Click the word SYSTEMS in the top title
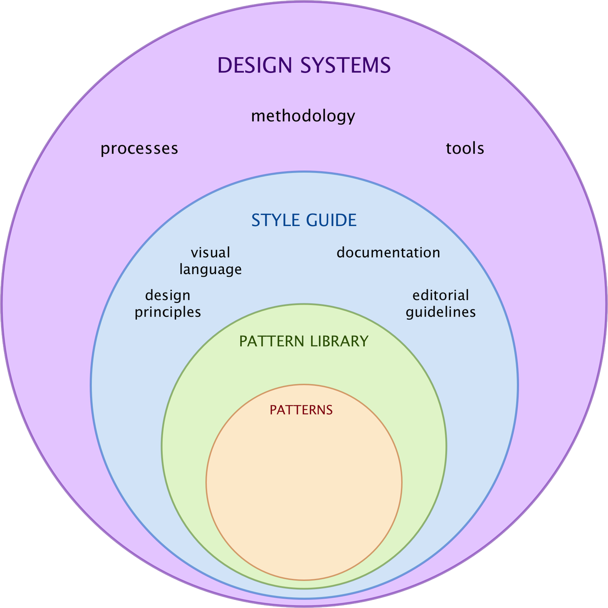345,66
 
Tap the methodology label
303,117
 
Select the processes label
139,148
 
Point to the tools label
465,148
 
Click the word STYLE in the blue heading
276,220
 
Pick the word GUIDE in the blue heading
331,220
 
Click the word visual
210,252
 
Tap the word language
210,269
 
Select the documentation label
388,252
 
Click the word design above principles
168,295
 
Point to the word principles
168,312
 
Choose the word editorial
440,295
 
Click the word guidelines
440,312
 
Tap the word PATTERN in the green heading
271,341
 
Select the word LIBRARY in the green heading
338,341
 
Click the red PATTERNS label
301,410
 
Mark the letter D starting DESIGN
224,66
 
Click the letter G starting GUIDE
312,220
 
